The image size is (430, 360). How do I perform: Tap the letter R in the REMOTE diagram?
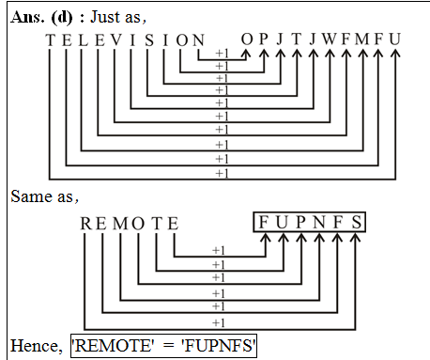point(85,223)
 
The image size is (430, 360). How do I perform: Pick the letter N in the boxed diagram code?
point(318,223)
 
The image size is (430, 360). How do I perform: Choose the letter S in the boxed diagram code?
point(354,223)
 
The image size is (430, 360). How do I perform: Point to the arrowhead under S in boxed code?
point(354,241)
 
